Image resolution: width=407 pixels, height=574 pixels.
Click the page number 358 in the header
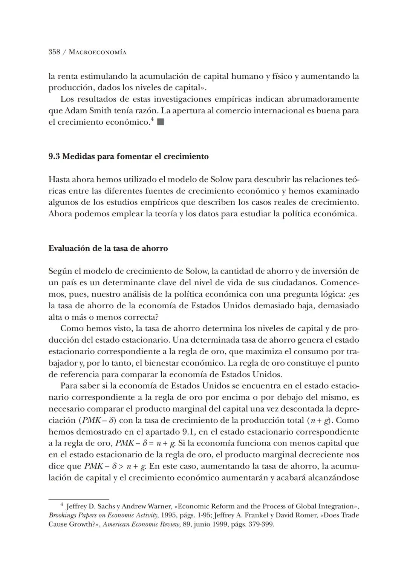pyautogui.click(x=54, y=52)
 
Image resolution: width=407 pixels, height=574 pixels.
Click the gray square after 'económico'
pyautogui.click(x=160, y=122)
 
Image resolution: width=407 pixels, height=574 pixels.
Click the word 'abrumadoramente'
pyautogui.click(x=323, y=99)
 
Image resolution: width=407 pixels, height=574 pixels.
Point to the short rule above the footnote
pyautogui.click(x=78, y=499)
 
